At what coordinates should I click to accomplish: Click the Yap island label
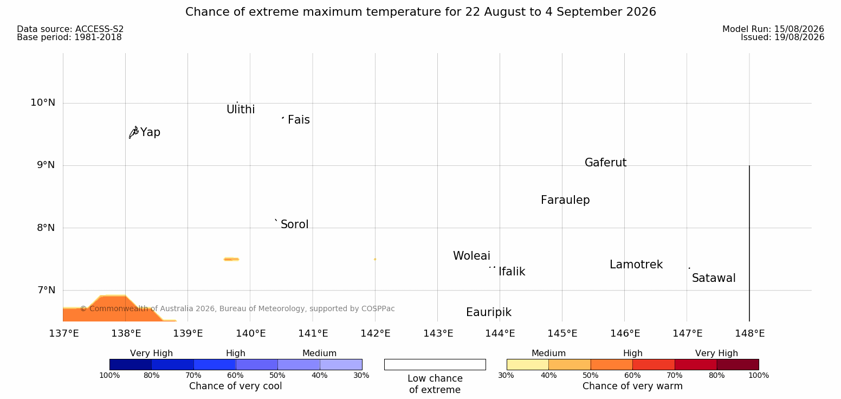(150, 133)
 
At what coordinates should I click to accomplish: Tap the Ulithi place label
(241, 110)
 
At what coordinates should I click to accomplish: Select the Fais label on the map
(299, 120)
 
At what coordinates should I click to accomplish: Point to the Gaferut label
(606, 163)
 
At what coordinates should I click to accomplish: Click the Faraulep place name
(565, 200)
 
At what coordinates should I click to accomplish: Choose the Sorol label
(295, 224)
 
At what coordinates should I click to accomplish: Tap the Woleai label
(471, 256)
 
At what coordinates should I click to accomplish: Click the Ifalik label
(512, 272)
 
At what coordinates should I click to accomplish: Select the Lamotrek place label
(636, 265)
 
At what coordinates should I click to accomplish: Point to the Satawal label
(714, 279)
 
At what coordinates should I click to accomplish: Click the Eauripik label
(489, 313)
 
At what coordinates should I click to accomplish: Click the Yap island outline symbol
(134, 133)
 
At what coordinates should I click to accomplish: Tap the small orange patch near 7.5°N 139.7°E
(231, 259)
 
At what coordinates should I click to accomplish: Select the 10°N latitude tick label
(43, 102)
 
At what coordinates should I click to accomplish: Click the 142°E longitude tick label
(376, 333)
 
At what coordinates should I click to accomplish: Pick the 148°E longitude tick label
(750, 333)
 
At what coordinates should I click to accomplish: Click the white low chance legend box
(435, 364)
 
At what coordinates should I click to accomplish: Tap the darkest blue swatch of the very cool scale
(131, 364)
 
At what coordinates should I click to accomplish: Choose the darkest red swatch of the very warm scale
(738, 364)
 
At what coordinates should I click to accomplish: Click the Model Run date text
(773, 29)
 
